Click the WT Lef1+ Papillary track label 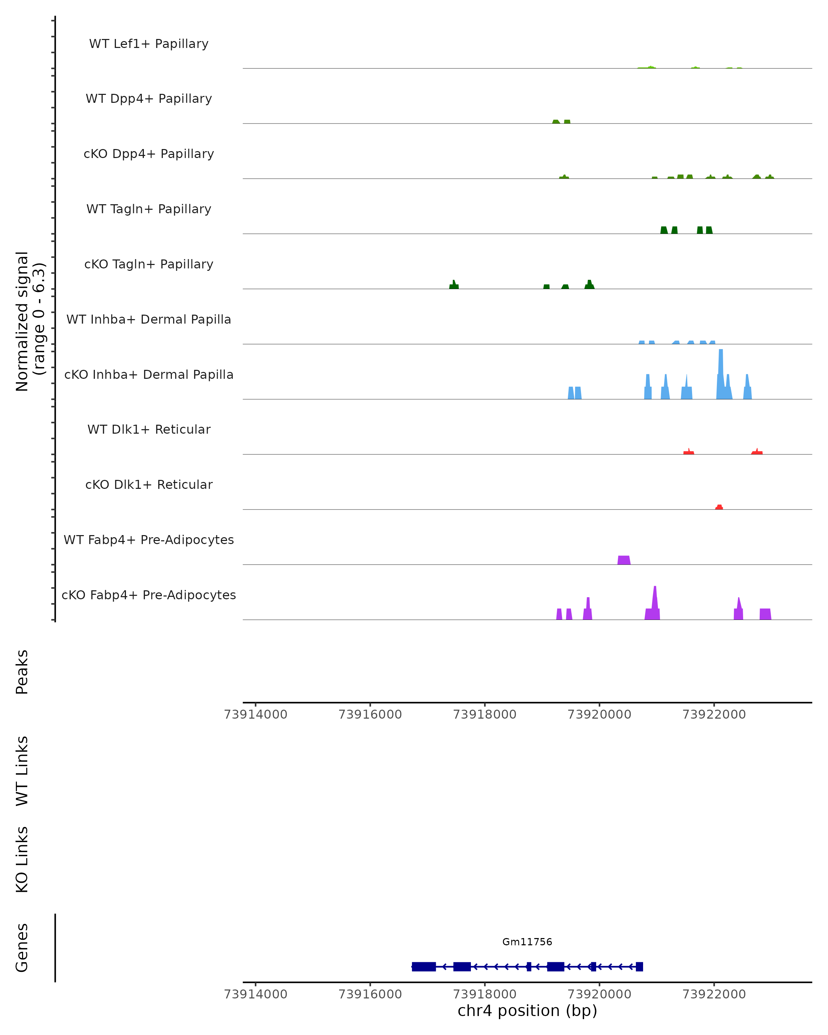(149, 44)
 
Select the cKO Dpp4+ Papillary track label (149, 154)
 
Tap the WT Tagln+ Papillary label (149, 209)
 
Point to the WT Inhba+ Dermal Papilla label (149, 320)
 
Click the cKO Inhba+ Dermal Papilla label (149, 375)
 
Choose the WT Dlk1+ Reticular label (149, 430)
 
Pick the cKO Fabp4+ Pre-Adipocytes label (149, 595)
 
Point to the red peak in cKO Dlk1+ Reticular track (719, 507)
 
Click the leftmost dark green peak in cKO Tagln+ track (454, 286)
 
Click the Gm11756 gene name (527, 942)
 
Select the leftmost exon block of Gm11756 (423, 966)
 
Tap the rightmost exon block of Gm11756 (639, 966)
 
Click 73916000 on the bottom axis (370, 994)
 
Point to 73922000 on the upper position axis (714, 714)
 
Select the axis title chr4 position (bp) (527, 1011)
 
